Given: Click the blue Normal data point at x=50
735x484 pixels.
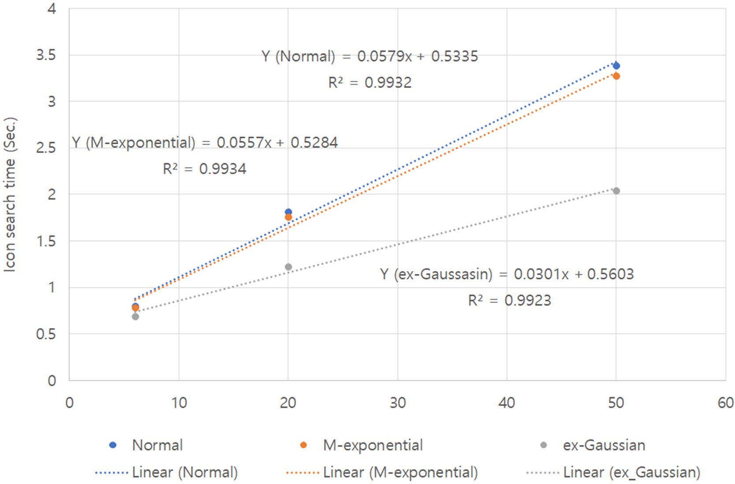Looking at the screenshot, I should coord(616,66).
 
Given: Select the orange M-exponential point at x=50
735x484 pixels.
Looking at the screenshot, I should coord(616,76).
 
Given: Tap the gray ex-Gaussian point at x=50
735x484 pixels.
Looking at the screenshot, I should coord(616,191).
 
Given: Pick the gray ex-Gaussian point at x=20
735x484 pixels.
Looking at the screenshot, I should coord(288,267).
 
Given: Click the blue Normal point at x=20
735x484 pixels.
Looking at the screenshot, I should coord(288,212).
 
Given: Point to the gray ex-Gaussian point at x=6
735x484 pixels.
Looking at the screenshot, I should coord(135,316).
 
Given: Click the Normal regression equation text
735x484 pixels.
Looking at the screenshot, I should coord(369,56).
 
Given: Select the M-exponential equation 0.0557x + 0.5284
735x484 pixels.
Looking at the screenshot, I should coord(205,143).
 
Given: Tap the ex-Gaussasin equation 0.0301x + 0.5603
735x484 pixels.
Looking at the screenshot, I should coord(507,274).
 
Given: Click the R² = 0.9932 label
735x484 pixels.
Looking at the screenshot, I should coord(369,82).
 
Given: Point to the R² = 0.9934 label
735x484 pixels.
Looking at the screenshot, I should coord(205,169).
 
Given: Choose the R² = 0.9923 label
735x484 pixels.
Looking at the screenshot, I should coord(509,301).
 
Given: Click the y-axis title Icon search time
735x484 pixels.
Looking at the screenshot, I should coord(10,194).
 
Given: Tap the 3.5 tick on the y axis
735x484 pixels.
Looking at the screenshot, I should coord(46,55).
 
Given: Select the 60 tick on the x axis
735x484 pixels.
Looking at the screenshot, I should coord(725,403).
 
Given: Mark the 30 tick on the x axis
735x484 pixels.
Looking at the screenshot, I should coord(398,403).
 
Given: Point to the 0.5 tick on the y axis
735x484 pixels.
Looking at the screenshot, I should coord(46,334).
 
